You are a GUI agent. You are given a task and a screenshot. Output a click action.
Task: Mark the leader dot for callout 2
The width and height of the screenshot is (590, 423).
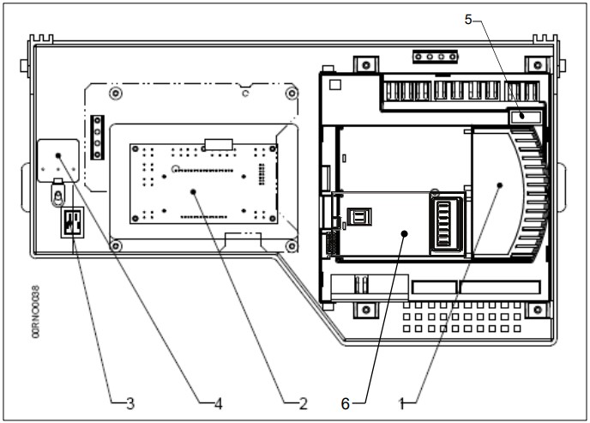tap(194, 191)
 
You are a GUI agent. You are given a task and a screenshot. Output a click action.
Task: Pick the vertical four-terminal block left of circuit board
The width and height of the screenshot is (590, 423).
tap(98, 136)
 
